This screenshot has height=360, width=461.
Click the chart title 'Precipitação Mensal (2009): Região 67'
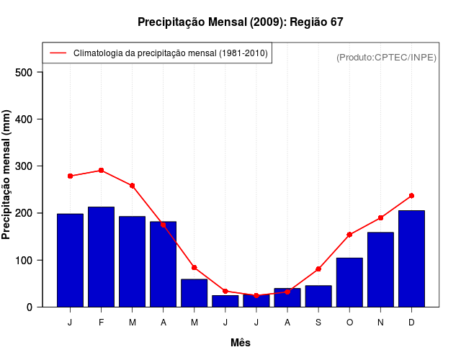(x=240, y=22)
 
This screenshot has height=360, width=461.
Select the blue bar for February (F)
(x=101, y=257)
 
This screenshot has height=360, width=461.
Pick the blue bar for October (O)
(x=349, y=282)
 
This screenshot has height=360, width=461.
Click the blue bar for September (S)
(x=318, y=296)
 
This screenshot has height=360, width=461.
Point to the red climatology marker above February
(x=101, y=171)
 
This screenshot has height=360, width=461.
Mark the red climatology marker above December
(x=411, y=196)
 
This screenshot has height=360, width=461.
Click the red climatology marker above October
(x=349, y=235)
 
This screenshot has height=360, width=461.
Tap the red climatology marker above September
(x=318, y=269)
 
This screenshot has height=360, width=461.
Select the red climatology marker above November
(x=380, y=217)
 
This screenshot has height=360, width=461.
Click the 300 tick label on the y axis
(x=24, y=166)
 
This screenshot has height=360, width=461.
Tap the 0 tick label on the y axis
(x=30, y=307)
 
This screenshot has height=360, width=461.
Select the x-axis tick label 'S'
(x=318, y=323)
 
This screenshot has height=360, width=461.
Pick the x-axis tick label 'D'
(x=411, y=323)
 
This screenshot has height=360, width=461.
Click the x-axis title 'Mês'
(x=241, y=343)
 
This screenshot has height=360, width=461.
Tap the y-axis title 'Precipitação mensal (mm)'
(x=6, y=175)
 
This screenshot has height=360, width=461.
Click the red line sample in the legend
(x=58, y=53)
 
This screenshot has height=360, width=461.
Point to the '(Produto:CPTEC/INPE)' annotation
(x=386, y=57)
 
